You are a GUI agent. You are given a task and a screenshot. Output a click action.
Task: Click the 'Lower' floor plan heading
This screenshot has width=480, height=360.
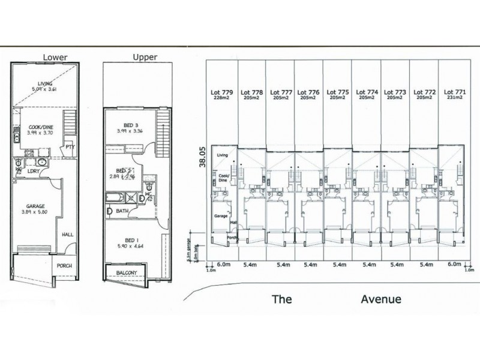coord(55,58)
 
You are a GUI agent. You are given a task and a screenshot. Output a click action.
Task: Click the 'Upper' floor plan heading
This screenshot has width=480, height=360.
coord(145,58)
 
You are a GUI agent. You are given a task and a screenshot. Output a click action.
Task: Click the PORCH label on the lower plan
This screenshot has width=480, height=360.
coord(65,266)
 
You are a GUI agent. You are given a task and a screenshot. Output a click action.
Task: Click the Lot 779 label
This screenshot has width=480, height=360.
coord(221,93)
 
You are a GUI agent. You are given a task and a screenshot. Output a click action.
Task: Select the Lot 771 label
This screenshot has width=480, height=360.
coord(453,93)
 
